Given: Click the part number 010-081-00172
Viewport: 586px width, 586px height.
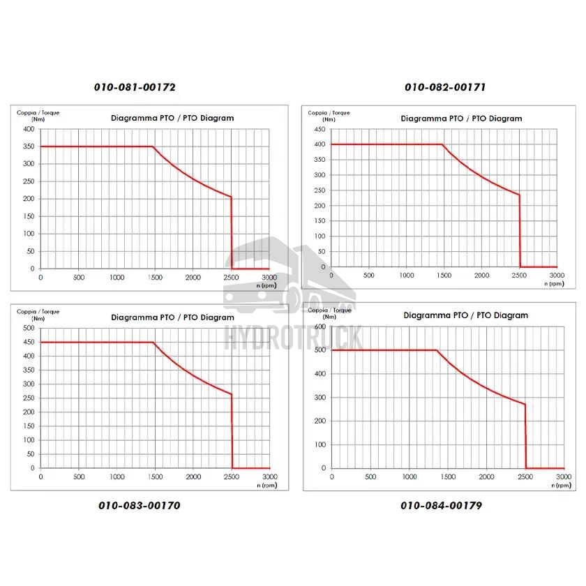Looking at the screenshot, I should point(135,88).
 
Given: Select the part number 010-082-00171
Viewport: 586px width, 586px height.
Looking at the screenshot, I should point(445,88).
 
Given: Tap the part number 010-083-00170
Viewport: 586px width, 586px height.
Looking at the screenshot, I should point(140,505).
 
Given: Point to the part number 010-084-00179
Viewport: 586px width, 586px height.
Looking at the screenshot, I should point(441,505).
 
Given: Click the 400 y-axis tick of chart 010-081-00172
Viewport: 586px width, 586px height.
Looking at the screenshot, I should point(28,129).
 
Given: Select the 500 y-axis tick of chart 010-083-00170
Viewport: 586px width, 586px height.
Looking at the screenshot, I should point(28,328).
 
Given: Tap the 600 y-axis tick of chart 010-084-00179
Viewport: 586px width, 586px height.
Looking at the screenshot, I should point(321,326).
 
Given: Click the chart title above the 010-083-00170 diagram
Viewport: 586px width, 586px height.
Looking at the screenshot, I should point(172,317).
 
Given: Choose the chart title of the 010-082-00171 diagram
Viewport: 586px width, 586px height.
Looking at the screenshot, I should point(462,119).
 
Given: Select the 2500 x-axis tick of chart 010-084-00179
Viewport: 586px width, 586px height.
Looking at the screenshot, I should point(525,477).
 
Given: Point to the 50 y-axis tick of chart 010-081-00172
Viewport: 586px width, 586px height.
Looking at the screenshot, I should point(30,251).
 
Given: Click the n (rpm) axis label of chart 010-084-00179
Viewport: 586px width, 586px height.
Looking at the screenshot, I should point(558,485).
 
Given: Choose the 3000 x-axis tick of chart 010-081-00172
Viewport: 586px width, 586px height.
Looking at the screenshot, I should point(269,278).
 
